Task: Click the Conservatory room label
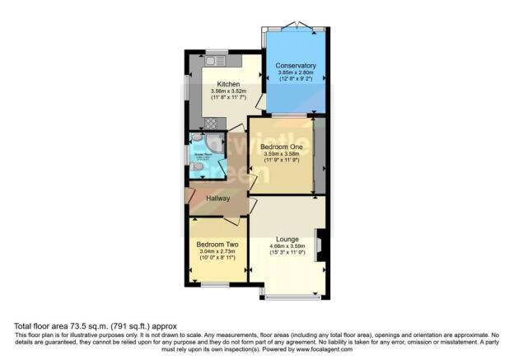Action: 296,65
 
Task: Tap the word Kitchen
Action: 228,84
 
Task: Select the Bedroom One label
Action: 283,147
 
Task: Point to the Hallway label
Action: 217,199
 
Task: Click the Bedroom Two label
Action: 217,245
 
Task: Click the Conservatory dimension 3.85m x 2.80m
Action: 296,73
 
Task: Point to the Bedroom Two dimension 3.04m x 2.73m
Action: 217,252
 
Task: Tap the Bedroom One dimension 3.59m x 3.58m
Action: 283,154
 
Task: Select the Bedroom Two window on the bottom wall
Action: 217,284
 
